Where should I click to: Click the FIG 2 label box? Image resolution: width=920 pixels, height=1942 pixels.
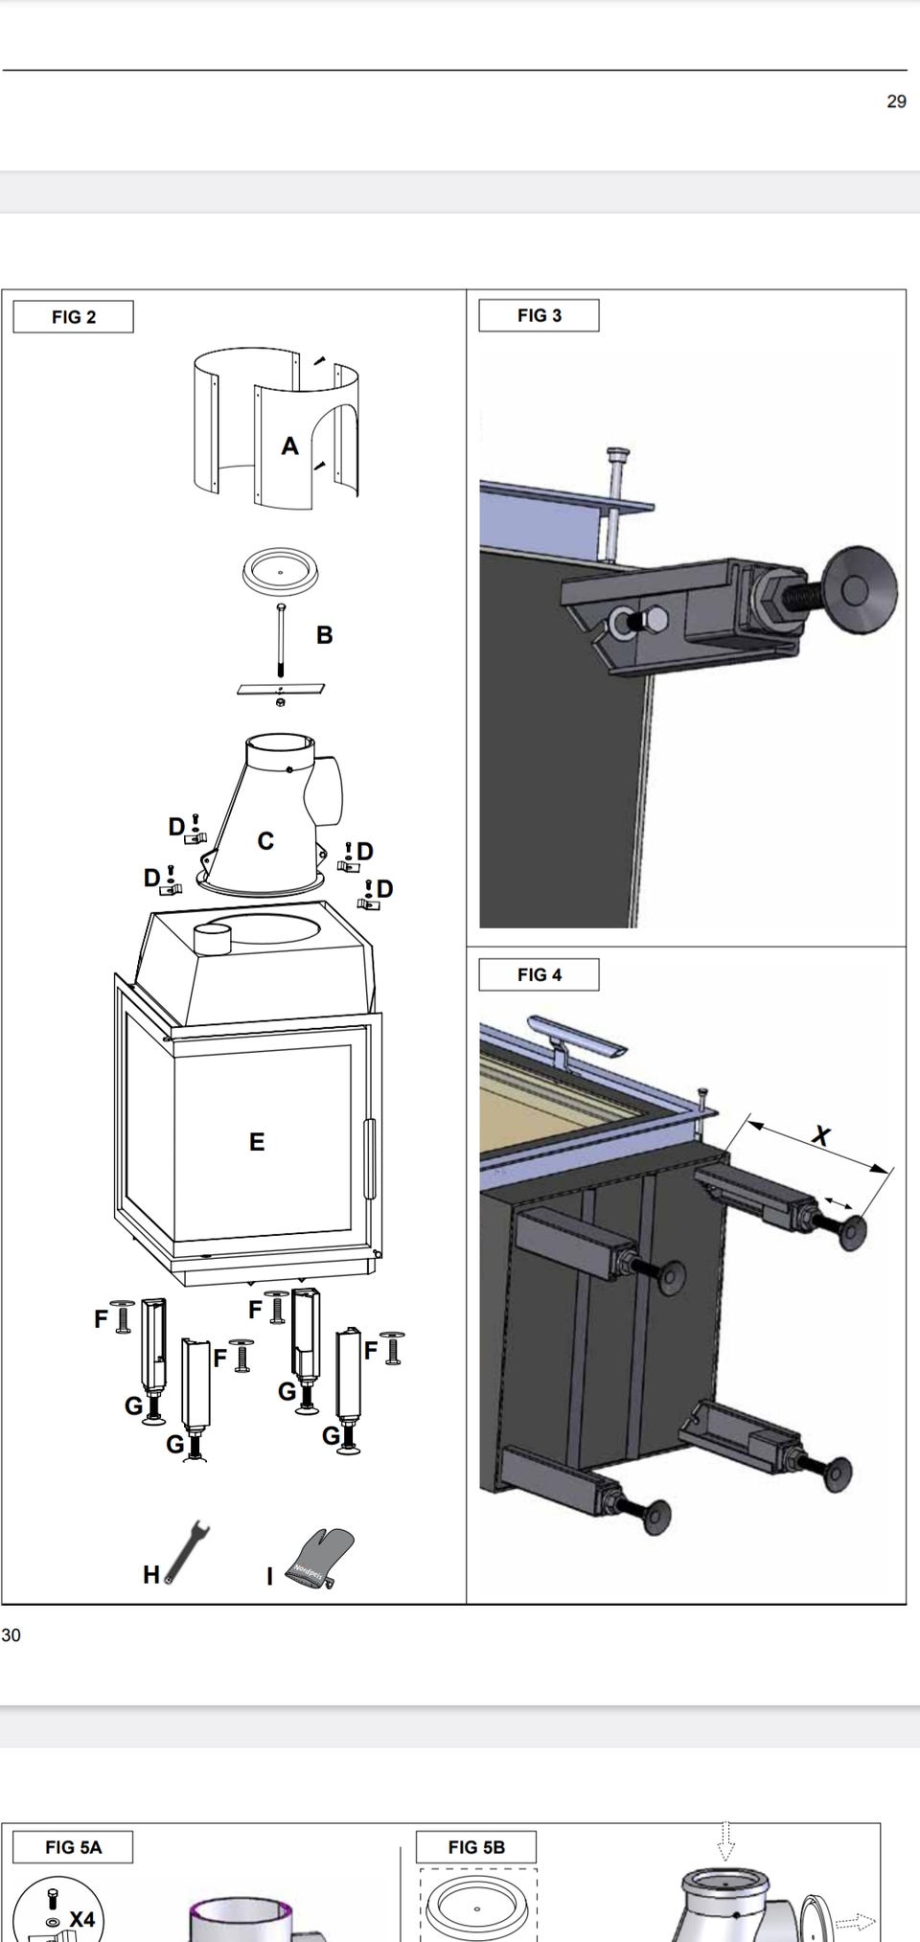pos(73,317)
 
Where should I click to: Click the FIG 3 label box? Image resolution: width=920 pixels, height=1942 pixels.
pos(539,315)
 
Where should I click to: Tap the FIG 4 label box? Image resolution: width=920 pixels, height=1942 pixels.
pos(539,974)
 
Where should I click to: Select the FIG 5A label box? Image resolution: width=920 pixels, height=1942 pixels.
pos(73,1846)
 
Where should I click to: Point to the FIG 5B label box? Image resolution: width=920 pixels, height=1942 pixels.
pos(476,1846)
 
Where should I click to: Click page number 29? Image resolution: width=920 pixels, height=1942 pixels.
pos(896,102)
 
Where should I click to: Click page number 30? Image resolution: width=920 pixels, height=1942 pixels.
pos(11,1634)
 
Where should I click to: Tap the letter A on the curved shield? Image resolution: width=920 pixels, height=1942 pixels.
pos(289,446)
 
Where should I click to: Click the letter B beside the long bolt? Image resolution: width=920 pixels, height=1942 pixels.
pos(324,634)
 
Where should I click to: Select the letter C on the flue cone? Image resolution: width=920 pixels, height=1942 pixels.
pos(265,840)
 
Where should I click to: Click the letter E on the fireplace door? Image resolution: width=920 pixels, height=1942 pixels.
pos(257,1141)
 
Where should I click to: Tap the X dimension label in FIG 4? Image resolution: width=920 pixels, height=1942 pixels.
pos(821,1136)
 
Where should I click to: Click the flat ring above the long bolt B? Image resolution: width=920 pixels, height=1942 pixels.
pos(280,573)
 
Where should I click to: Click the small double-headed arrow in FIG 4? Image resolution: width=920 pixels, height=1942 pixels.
pos(838,1203)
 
